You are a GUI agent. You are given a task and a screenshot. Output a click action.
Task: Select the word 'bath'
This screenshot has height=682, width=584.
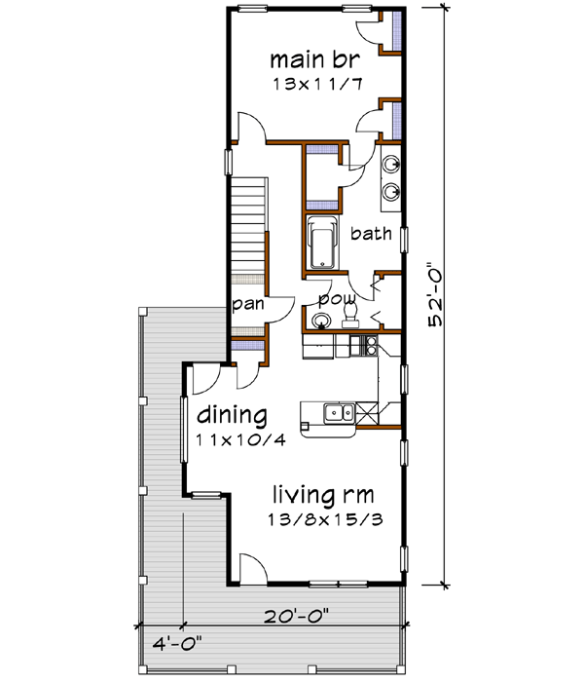(370, 233)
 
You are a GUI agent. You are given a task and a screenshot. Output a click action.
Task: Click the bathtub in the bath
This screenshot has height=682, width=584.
(319, 246)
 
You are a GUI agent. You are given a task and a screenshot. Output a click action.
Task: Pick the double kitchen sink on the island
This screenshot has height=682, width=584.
(338, 415)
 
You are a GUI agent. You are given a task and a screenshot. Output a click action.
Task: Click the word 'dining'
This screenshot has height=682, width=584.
(232, 416)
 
